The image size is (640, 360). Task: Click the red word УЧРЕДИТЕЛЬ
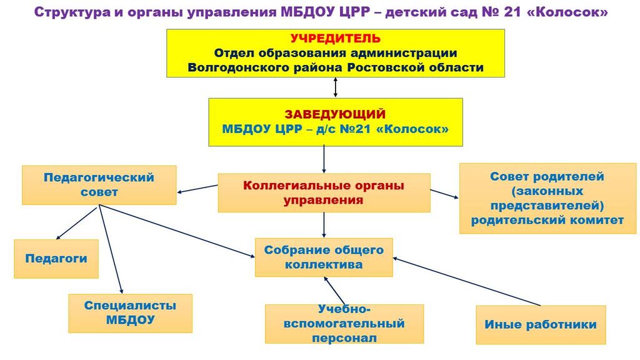336,38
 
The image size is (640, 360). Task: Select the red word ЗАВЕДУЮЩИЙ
335,114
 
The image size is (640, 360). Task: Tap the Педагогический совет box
99,185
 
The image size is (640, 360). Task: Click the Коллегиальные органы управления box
324,192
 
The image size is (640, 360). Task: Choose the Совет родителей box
547,198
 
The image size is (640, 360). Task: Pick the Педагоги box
56,259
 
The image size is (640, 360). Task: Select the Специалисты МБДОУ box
130,313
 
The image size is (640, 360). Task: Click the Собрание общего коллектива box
324,257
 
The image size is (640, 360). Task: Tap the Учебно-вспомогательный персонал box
344,324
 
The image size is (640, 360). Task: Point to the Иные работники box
541,324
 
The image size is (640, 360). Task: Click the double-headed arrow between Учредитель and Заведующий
336,87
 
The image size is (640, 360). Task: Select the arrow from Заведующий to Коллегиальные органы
324,159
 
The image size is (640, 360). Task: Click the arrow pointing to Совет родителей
444,194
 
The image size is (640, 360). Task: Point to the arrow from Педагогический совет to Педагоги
77,223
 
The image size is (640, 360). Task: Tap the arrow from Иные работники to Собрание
466,281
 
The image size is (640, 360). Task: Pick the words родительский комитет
547,221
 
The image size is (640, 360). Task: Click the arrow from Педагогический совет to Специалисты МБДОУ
111,250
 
